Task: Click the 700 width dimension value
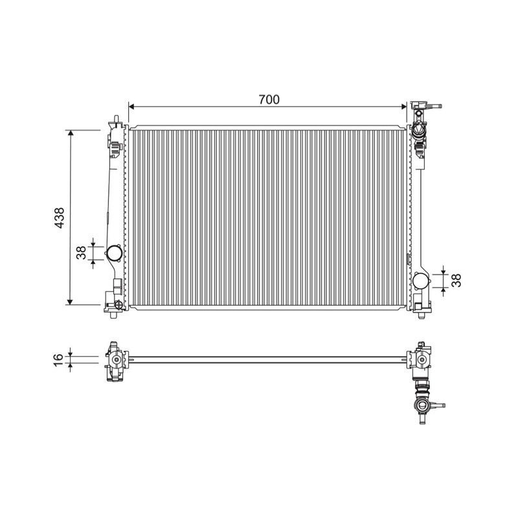[x=269, y=99]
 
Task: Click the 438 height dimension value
[x=60, y=218]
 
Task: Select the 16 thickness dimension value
[x=58, y=359]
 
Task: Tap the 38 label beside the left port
[x=81, y=253]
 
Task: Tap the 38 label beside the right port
[x=456, y=280]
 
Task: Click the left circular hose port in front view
[x=114, y=253]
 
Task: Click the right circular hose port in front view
[x=421, y=281]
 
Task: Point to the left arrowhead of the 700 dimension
[x=131, y=106]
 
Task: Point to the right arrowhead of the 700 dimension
[x=403, y=106]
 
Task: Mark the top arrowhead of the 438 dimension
[x=70, y=133]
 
